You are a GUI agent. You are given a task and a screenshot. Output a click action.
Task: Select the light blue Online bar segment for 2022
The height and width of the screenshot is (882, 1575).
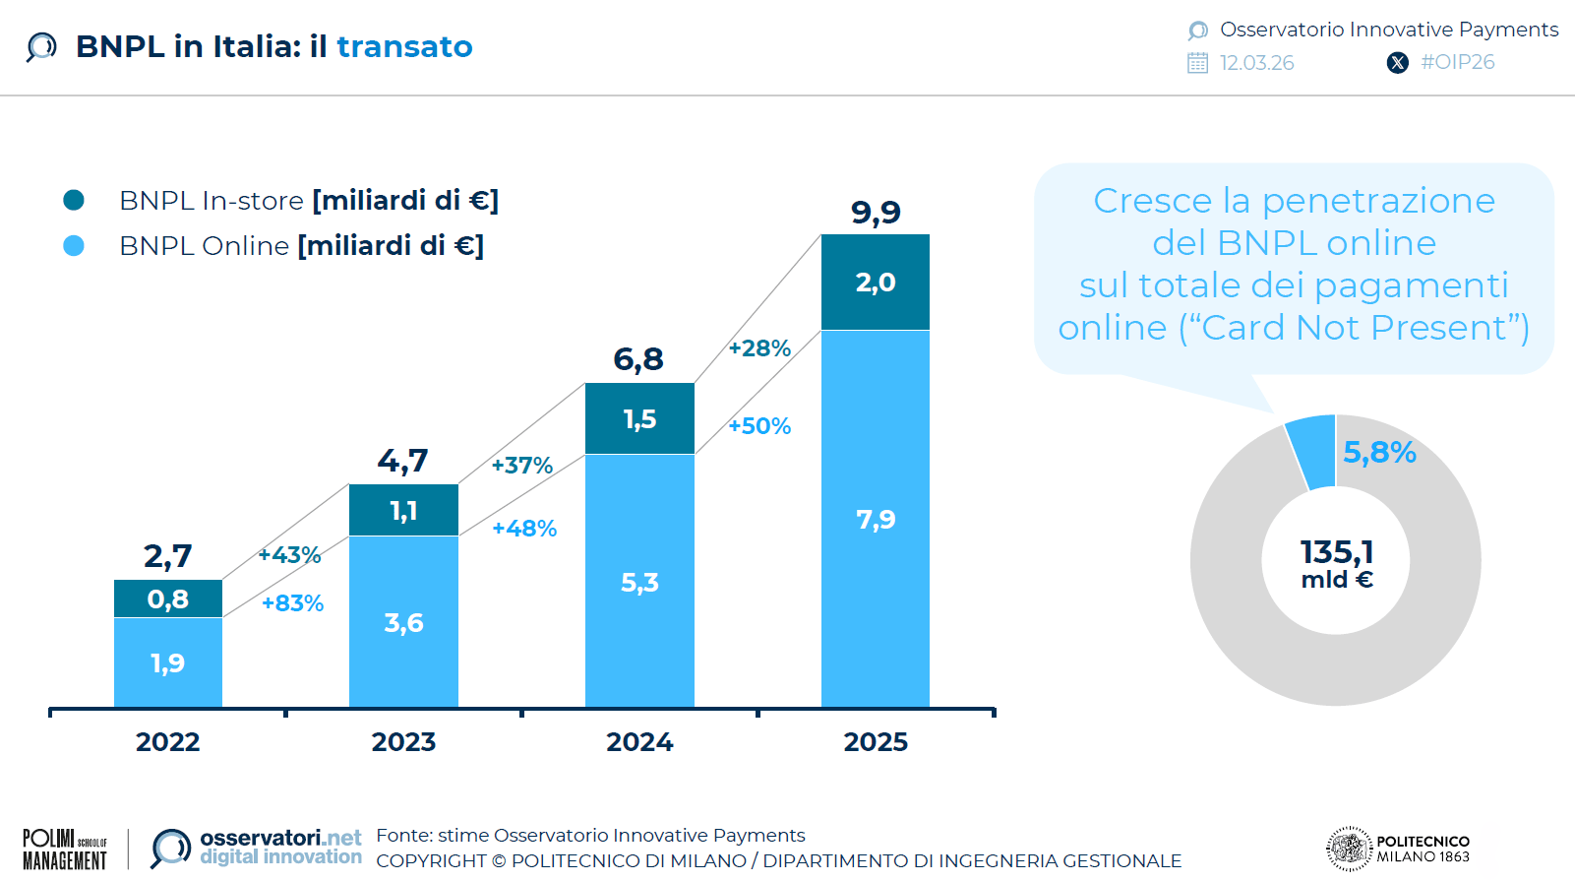(x=167, y=661)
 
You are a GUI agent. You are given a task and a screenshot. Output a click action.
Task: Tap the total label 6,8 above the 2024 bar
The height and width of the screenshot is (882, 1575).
(x=638, y=359)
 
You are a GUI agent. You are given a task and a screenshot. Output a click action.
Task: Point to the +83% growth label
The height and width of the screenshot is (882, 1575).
(x=292, y=603)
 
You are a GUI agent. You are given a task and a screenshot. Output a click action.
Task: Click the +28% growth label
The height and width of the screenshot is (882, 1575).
(x=759, y=348)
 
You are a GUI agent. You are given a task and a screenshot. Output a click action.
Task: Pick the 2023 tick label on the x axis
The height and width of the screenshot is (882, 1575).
(x=403, y=742)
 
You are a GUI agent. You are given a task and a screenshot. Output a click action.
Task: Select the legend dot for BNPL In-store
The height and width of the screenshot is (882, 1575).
(x=74, y=201)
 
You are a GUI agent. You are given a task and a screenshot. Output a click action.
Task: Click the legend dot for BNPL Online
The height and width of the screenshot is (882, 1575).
(x=74, y=246)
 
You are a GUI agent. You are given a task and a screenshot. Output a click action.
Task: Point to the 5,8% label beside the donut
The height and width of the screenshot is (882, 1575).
(x=1379, y=453)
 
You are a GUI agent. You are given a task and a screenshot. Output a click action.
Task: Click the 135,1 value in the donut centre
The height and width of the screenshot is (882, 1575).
(x=1336, y=551)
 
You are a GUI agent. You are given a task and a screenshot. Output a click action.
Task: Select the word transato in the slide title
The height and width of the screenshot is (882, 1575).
(x=404, y=47)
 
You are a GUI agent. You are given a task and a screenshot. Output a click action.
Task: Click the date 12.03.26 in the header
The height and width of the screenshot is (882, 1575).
(x=1256, y=63)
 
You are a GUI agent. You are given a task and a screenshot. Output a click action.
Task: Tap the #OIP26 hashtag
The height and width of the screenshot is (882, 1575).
(x=1457, y=62)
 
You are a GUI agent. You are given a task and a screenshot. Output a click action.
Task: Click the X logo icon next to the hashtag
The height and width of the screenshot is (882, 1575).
(x=1397, y=63)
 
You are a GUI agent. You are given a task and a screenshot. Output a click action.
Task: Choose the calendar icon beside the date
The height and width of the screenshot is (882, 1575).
(x=1197, y=63)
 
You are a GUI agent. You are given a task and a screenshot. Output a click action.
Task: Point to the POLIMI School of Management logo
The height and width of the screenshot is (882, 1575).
(x=65, y=849)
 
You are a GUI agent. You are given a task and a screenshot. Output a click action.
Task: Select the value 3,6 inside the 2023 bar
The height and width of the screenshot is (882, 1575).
(x=403, y=623)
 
